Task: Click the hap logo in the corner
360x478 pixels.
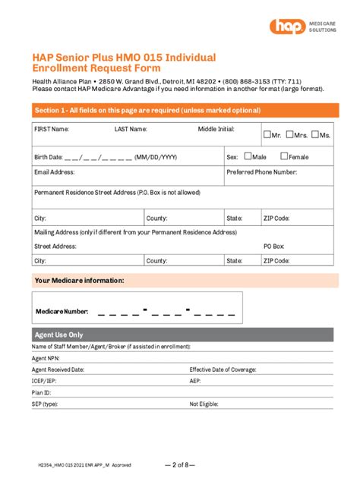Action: pyautogui.click(x=286, y=27)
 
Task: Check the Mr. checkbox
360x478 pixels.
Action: pyautogui.click(x=267, y=135)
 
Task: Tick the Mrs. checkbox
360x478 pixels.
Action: pyautogui.click(x=289, y=135)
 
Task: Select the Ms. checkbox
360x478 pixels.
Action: pyautogui.click(x=315, y=135)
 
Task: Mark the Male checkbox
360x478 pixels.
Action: pyautogui.click(x=248, y=157)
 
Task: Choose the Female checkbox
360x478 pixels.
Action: pyautogui.click(x=284, y=157)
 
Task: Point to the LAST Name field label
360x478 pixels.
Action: pyautogui.click(x=131, y=129)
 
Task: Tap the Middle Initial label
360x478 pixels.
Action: pyautogui.click(x=216, y=129)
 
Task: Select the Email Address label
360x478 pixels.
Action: pyautogui.click(x=53, y=172)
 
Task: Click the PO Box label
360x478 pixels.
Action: pyautogui.click(x=273, y=246)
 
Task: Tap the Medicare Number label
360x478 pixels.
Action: pyautogui.click(x=62, y=311)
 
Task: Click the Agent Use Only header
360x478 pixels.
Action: pyautogui.click(x=59, y=335)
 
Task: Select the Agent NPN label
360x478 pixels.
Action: pyautogui.click(x=45, y=357)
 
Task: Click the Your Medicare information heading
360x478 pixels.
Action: pyautogui.click(x=80, y=281)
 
